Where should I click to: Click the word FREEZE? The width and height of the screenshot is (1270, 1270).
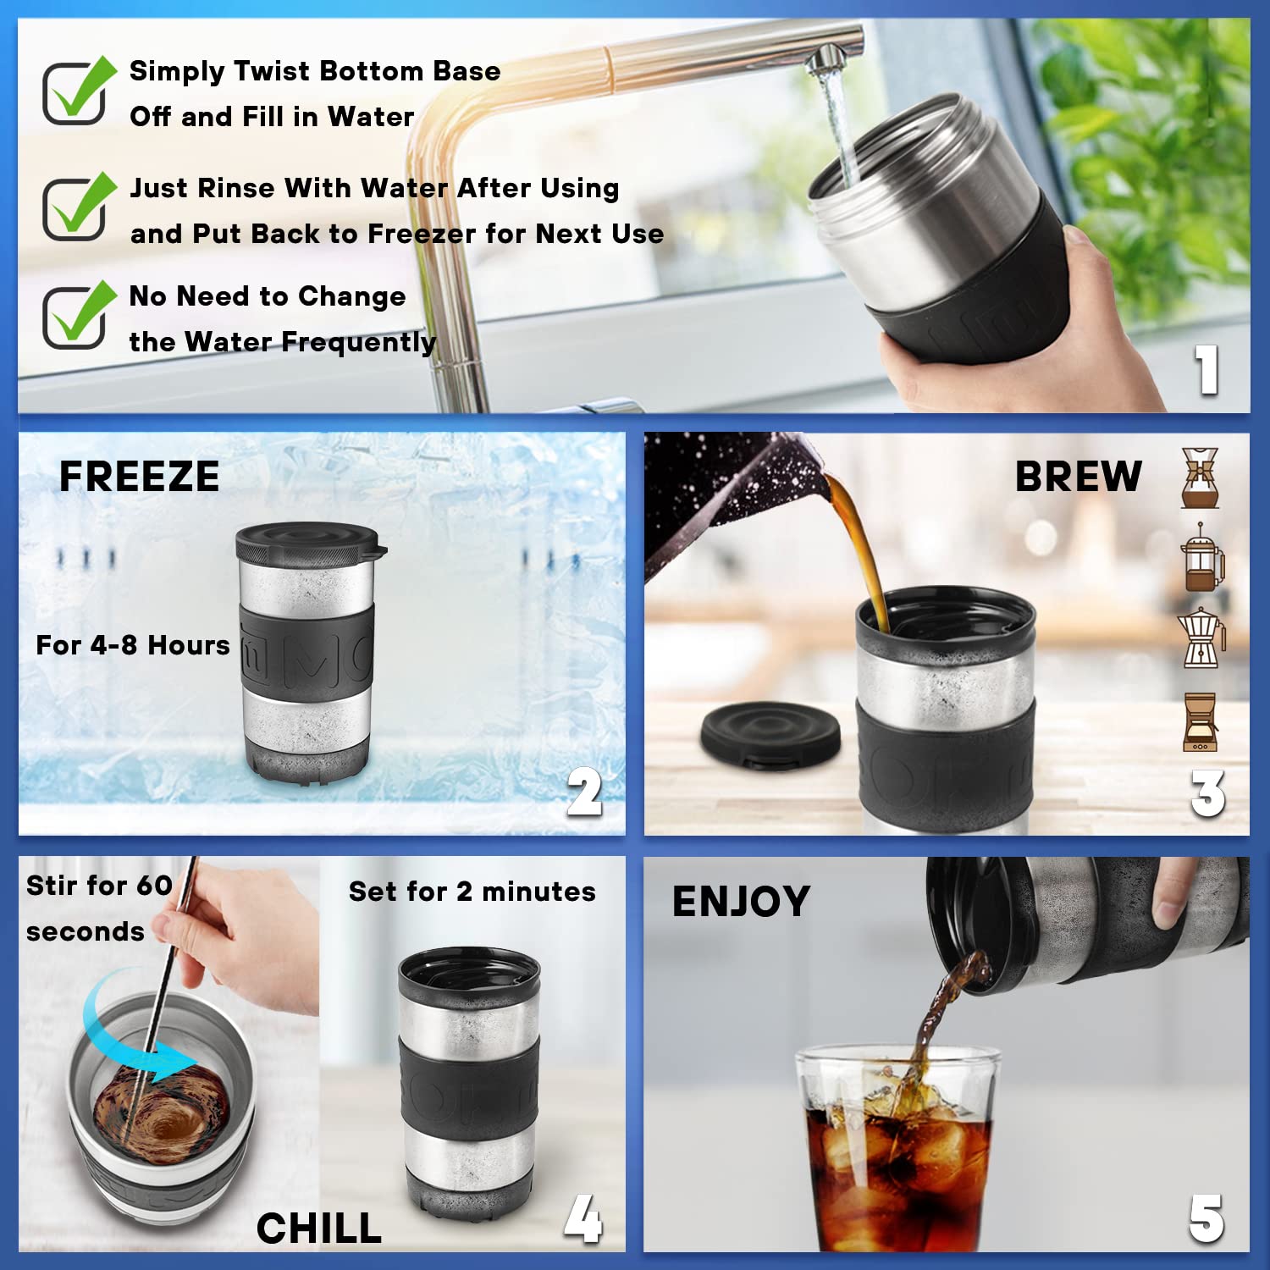pyautogui.click(x=139, y=477)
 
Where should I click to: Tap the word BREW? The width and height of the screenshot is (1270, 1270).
pyautogui.click(x=1078, y=477)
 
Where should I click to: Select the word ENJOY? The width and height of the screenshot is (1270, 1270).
pyautogui.click(x=741, y=902)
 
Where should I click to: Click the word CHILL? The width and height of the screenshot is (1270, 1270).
pyautogui.click(x=318, y=1229)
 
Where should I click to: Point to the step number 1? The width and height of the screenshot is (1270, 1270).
pyautogui.click(x=1206, y=370)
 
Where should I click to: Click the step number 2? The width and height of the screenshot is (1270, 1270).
pyautogui.click(x=584, y=792)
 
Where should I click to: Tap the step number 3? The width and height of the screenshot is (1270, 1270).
pyautogui.click(x=1207, y=793)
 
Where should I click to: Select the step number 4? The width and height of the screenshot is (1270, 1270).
pyautogui.click(x=583, y=1219)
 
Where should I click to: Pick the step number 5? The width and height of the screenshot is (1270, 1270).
pyautogui.click(x=1206, y=1219)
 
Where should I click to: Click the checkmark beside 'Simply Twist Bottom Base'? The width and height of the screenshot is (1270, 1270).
pyautogui.click(x=77, y=91)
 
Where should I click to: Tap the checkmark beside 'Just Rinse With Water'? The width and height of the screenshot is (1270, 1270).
pyautogui.click(x=77, y=207)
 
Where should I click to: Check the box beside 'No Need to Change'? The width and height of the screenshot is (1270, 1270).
pyautogui.click(x=77, y=315)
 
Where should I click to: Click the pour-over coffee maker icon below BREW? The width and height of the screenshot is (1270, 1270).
pyautogui.click(x=1201, y=478)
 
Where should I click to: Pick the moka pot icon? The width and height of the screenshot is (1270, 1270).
pyautogui.click(x=1201, y=638)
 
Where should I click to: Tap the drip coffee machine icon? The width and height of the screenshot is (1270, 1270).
pyautogui.click(x=1200, y=721)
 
